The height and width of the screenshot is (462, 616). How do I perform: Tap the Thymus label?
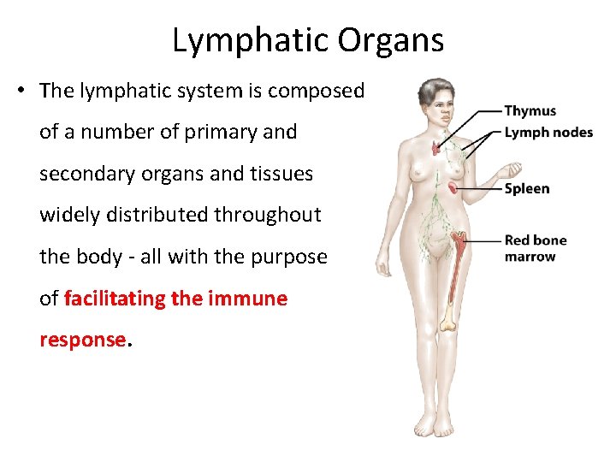pos(530,110)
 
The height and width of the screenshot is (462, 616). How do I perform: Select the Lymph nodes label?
pos(548,132)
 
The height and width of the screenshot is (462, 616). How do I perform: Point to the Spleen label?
pos(526,188)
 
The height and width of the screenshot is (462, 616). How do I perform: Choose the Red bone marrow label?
pos(535,248)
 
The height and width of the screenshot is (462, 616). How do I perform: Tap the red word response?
pos(82,340)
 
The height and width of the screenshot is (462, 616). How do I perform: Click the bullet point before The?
pos(18,91)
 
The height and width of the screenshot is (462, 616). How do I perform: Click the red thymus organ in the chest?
pos(438,147)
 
